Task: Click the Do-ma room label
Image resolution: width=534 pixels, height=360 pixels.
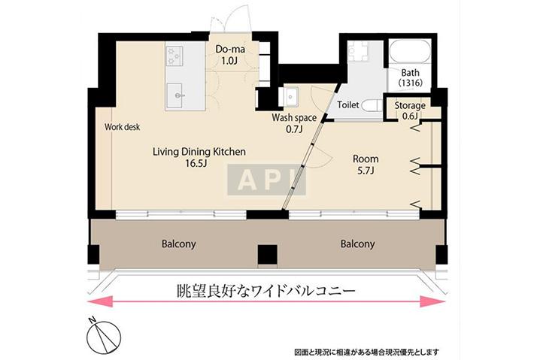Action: tap(230, 50)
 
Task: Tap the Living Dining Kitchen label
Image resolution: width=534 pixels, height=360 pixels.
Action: tap(199, 151)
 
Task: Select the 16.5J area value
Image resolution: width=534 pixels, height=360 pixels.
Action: tap(196, 164)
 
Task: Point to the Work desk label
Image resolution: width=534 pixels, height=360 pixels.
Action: tap(123, 127)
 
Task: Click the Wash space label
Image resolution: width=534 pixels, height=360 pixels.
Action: tap(294, 118)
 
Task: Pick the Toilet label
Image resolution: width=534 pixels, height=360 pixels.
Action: tap(348, 104)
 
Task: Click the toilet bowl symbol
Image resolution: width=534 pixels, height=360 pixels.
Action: tap(372, 106)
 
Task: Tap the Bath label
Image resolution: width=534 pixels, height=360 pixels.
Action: tap(410, 72)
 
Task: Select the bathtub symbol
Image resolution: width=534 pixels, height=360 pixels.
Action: tap(410, 51)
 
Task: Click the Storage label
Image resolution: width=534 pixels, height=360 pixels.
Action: tap(410, 105)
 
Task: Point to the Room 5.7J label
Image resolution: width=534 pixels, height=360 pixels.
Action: tap(366, 165)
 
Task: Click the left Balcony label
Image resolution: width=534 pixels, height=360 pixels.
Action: tap(179, 244)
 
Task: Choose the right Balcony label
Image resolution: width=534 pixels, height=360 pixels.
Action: tap(357, 244)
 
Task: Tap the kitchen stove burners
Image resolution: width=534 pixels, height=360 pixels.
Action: tap(174, 56)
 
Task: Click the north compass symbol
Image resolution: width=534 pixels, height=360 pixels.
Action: tap(104, 336)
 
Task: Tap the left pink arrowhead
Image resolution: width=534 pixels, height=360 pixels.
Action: tap(100, 301)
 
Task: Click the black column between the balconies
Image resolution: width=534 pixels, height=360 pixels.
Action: tap(267, 255)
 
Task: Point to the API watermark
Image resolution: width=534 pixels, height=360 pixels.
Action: tap(267, 180)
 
